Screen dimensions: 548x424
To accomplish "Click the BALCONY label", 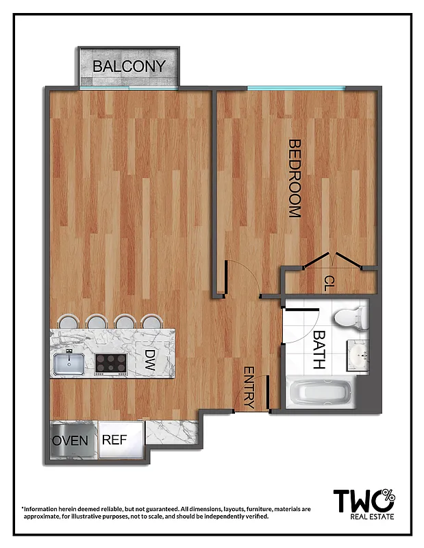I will pyautogui.click(x=129, y=66).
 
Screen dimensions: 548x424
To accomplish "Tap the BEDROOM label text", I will pyautogui.click(x=295, y=178).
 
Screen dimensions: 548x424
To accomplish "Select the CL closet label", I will pyautogui.click(x=329, y=282).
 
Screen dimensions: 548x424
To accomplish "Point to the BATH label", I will pyautogui.click(x=319, y=351).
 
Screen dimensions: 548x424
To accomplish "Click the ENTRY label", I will pyautogui.click(x=249, y=388).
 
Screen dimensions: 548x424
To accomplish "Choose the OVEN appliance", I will pyautogui.click(x=71, y=440).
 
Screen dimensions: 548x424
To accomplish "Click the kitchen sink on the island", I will pyautogui.click(x=69, y=362).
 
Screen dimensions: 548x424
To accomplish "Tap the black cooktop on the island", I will pyautogui.click(x=111, y=362).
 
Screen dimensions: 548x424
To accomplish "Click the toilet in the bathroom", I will pyautogui.click(x=351, y=316).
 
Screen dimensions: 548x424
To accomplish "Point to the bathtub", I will pyautogui.click(x=321, y=395).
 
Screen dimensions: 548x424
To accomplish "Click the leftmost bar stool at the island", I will pyautogui.click(x=68, y=321).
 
